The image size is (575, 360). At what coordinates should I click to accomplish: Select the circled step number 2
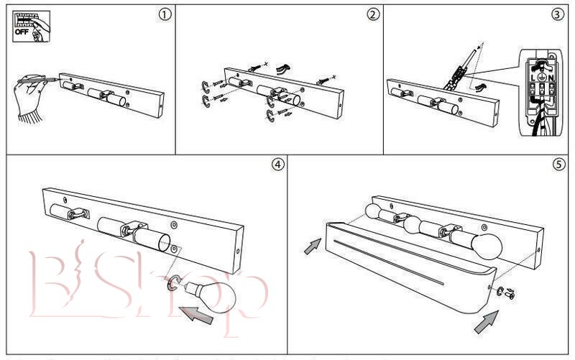point(372,15)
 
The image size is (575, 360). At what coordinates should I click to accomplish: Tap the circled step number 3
point(558,15)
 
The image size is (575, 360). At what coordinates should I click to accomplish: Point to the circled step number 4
point(277,164)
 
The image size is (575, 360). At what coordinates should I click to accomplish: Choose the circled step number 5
point(558,164)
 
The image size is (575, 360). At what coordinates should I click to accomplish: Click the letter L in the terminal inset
point(533,78)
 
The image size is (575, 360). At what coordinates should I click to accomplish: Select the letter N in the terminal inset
point(550,78)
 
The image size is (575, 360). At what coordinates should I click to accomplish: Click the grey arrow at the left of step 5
point(312,246)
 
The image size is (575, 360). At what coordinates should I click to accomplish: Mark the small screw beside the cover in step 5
point(510,294)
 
